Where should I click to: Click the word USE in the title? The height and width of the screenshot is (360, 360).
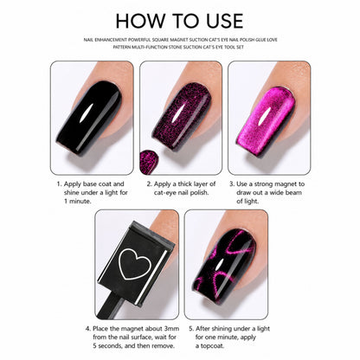(225, 21)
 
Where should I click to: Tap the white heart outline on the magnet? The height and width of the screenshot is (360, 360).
(135, 264)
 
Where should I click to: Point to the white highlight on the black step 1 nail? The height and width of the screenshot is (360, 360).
(86, 112)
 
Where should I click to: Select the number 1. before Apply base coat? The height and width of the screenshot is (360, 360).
(59, 184)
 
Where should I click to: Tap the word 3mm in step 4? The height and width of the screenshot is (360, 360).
(172, 329)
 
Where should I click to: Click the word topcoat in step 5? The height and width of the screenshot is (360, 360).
(212, 346)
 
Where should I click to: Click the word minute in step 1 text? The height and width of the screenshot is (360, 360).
(80, 202)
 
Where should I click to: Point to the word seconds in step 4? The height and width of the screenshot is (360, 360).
(109, 345)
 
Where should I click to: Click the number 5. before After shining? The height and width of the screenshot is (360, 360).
(191, 329)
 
